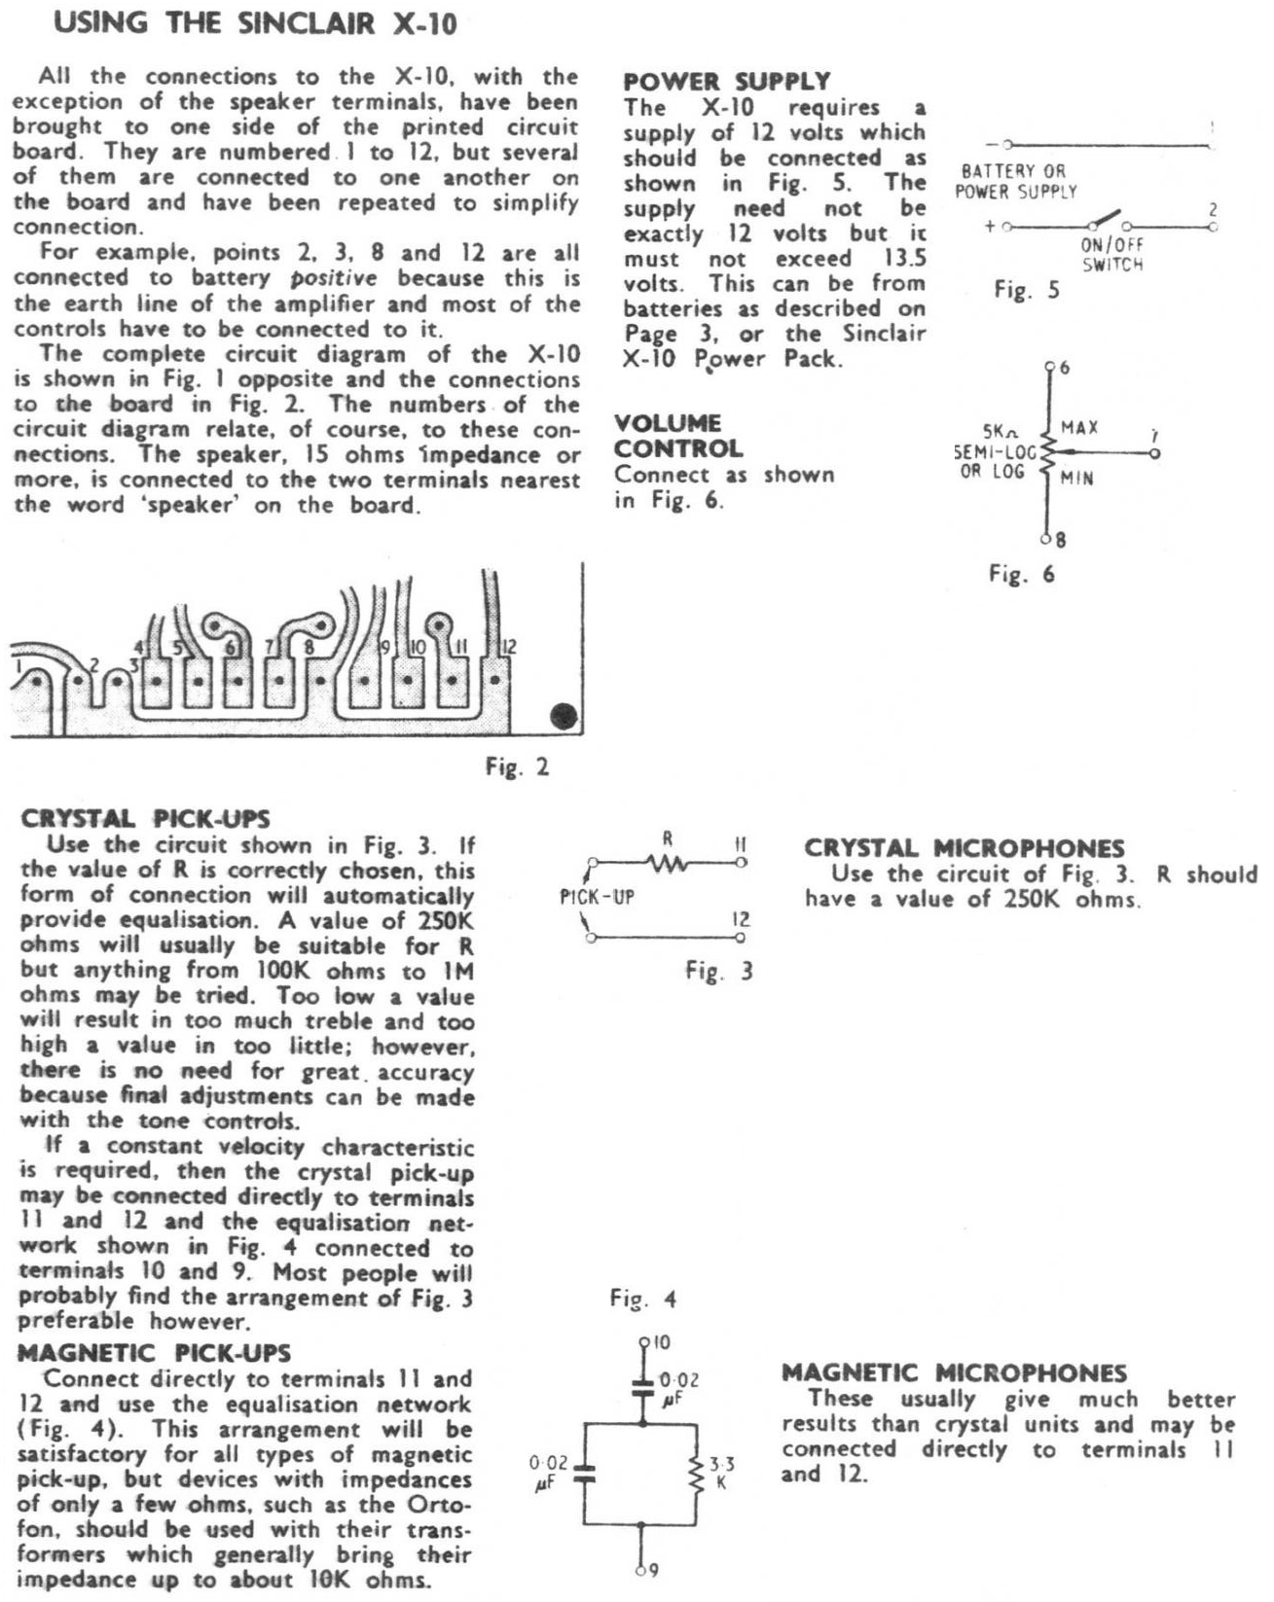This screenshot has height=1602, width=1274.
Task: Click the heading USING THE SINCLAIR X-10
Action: [x=255, y=24]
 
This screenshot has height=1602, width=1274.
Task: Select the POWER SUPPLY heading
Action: [x=726, y=82]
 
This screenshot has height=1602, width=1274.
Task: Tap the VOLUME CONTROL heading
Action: [x=677, y=436]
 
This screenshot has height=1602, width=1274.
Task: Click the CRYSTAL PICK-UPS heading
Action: [x=145, y=818]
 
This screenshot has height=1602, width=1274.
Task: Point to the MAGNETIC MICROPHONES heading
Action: [x=954, y=1372]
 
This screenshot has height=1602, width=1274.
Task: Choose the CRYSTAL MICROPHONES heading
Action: [x=964, y=848]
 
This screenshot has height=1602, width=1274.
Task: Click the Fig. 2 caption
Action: [x=517, y=767]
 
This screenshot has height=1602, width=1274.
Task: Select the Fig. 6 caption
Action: [x=1021, y=574]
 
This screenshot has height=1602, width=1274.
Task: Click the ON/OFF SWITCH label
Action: [x=1111, y=255]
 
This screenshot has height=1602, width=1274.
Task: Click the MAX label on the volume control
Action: [x=1079, y=427]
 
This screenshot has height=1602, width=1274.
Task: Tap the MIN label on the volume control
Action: [x=1076, y=479]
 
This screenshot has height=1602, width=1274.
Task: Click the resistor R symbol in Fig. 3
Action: [x=667, y=862]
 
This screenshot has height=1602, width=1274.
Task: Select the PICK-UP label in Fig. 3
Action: [x=597, y=898]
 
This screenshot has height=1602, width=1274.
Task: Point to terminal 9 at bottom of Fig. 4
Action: [x=642, y=1568]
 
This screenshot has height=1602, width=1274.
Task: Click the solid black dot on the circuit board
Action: [x=564, y=717]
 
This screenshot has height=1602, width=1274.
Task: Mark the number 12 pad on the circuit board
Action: [x=494, y=678]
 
